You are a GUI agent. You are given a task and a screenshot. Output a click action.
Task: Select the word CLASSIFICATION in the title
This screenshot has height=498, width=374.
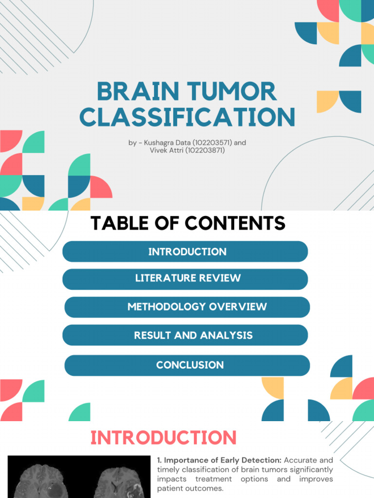(x=187, y=117)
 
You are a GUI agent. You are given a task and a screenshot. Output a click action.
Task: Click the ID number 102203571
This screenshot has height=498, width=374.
(x=211, y=142)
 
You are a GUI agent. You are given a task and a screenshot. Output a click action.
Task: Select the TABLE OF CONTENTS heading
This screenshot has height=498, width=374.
(x=187, y=223)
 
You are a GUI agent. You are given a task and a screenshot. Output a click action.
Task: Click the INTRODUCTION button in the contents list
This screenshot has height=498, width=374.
(x=187, y=252)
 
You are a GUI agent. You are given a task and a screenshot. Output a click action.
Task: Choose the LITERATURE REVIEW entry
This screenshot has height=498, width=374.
(x=187, y=278)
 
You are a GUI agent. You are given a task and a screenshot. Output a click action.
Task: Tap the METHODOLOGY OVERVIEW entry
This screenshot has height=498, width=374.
(x=197, y=307)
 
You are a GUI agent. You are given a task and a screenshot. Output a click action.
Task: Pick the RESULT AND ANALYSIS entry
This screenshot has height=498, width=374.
(x=193, y=335)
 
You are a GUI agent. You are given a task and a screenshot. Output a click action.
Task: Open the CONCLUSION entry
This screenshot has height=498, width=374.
(x=190, y=365)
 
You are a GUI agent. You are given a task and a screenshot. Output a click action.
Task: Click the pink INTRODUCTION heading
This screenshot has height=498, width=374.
(x=164, y=437)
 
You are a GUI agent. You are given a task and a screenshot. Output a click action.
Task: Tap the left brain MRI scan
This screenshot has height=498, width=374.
(x=44, y=479)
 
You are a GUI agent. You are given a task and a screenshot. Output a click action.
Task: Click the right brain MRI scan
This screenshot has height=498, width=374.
(x=117, y=479)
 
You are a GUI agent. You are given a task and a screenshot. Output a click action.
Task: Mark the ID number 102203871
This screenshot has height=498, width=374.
(x=206, y=150)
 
